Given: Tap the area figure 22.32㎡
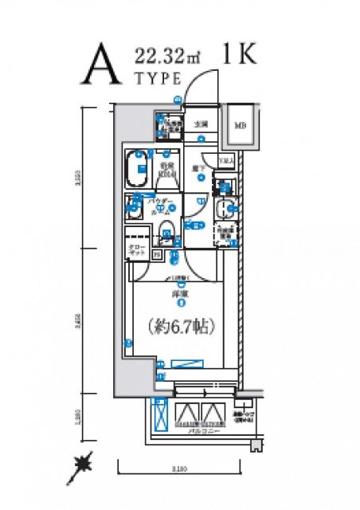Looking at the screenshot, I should coord(167,56).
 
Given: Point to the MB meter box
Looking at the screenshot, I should coord(240,125).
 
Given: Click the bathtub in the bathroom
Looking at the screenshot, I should coord(139,169).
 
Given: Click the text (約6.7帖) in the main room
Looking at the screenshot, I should coord(182,326).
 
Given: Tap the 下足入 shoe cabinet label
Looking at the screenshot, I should coord(226,160).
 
